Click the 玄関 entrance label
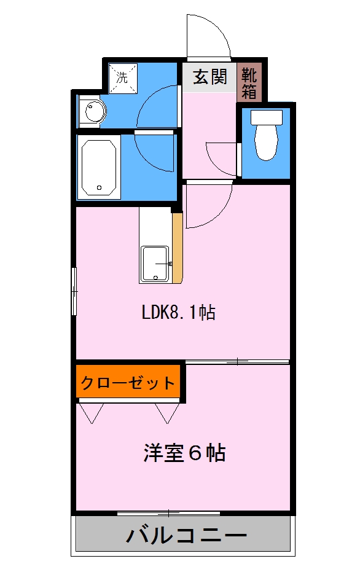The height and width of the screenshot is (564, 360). (x=209, y=77)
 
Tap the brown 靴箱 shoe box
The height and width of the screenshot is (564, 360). (x=249, y=82)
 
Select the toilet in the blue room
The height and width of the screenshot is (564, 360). (x=267, y=141)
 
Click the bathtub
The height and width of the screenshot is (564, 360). (x=98, y=167)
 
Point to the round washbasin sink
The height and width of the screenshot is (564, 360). (x=95, y=112)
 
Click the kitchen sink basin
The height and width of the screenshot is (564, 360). (x=155, y=264)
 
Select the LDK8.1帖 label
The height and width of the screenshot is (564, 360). (x=178, y=313)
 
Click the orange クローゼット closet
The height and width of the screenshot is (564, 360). (x=128, y=384)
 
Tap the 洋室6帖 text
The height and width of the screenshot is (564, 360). (x=184, y=453)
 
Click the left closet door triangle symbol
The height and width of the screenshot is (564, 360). (x=92, y=413)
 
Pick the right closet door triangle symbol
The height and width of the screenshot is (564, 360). (x=166, y=413)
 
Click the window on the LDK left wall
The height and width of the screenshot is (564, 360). (x=74, y=291)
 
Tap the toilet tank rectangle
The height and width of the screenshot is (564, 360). (x=267, y=117)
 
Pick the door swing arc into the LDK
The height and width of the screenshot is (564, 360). (x=208, y=206)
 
